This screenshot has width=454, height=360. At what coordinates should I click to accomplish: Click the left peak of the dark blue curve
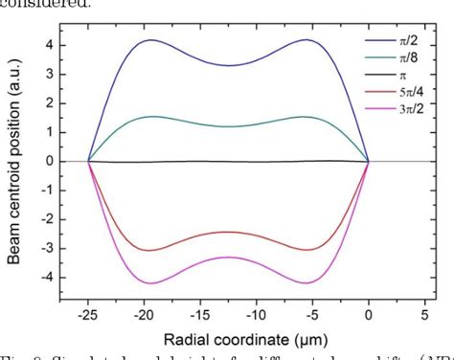[x=151, y=39]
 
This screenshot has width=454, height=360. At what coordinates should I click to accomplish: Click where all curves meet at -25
[x=89, y=161]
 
